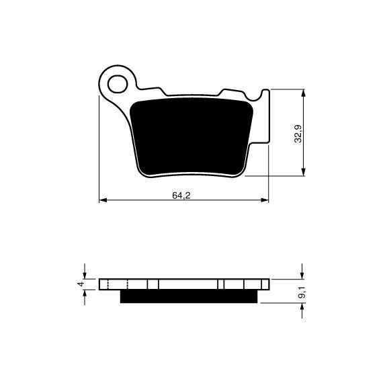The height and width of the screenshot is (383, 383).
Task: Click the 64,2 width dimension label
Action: tap(181, 196)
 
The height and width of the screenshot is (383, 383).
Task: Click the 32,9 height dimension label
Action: tap(298, 134)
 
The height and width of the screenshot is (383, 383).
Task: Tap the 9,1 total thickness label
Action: tap(301, 292)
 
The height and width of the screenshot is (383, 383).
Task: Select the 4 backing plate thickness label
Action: tap(81, 284)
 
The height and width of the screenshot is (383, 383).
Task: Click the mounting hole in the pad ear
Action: tap(118, 84)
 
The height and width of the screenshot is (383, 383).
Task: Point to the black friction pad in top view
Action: tap(191, 136)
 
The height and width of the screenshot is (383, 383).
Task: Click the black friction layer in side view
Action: tap(189, 296)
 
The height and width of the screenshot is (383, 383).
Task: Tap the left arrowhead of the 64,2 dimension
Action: tap(103, 200)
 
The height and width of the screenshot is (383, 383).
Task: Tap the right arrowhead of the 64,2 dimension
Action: tap(265, 200)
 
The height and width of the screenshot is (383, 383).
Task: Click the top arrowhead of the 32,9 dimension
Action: tap(303, 93)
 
